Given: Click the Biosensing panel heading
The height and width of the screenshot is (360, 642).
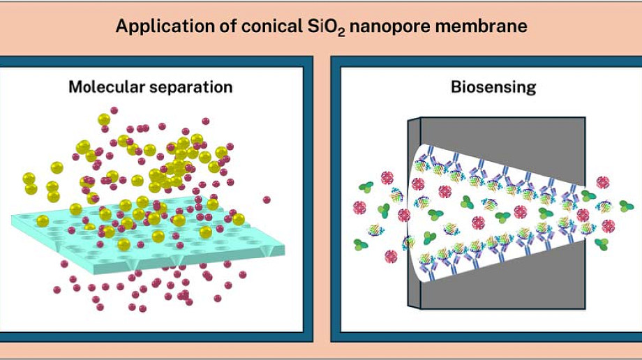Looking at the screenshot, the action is [x=493, y=87].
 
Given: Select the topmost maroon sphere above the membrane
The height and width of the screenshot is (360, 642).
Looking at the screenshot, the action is [x=114, y=110].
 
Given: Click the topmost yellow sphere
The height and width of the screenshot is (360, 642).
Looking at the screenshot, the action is [x=104, y=119].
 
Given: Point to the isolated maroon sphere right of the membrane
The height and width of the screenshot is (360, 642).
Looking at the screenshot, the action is [x=267, y=200].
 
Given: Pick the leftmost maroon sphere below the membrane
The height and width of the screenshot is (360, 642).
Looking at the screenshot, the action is [x=57, y=290].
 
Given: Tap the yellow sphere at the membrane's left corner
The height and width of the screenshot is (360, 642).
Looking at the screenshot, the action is [x=43, y=221].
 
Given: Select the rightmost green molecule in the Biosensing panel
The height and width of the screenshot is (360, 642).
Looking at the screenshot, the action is [x=627, y=207].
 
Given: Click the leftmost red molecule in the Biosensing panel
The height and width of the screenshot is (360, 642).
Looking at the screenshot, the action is [x=359, y=208].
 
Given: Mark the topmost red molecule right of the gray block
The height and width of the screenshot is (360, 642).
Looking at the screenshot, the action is [x=603, y=182].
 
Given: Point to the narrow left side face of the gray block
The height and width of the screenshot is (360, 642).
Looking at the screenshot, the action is [x=414, y=213].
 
